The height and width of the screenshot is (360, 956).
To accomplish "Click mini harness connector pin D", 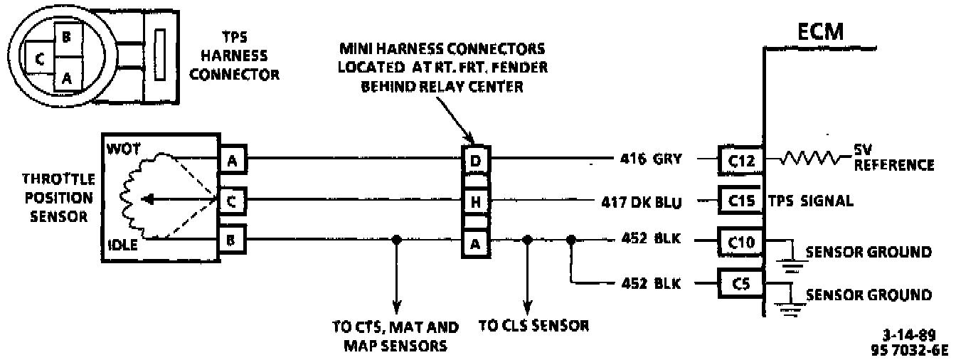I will [476, 161].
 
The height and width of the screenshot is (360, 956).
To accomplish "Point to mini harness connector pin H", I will [476, 202].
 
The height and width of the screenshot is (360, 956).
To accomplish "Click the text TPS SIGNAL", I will [810, 201].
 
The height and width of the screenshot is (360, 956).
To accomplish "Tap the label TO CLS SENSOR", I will [534, 327].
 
